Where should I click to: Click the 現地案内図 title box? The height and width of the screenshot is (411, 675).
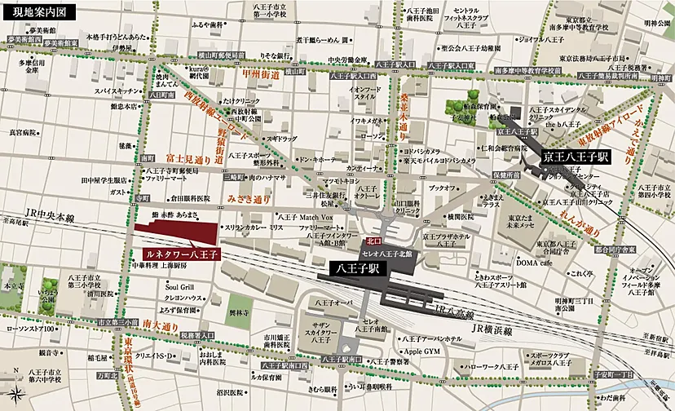click(x=39, y=12)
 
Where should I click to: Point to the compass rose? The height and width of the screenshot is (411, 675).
click(x=15, y=397)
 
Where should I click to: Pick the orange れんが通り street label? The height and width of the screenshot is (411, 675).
click(x=589, y=220)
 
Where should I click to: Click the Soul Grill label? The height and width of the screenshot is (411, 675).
click(x=179, y=286)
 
